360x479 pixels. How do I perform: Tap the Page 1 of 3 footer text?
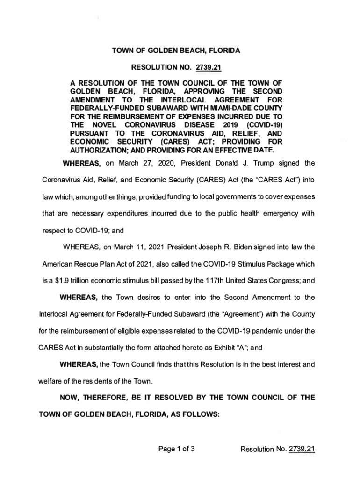(x=176, y=450)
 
